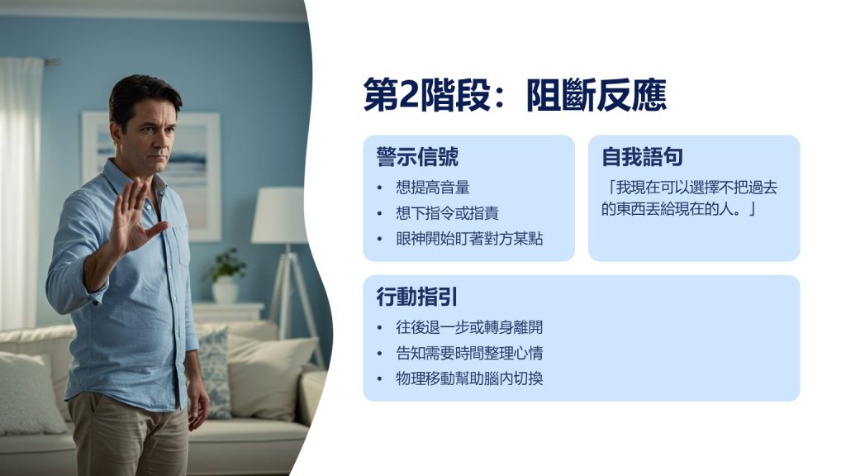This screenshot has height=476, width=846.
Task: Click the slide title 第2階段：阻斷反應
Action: [515, 95]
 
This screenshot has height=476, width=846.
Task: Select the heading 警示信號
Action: [417, 157]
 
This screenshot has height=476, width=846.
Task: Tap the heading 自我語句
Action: [642, 157]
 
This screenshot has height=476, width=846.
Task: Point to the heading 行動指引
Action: [417, 297]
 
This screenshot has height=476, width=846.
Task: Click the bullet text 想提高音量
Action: [433, 188]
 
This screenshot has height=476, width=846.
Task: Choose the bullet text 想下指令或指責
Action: [447, 213]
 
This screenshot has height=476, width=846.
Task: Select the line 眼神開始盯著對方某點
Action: [469, 239]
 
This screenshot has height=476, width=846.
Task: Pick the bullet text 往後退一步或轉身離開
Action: [469, 327]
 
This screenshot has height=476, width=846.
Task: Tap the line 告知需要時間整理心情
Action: [469, 353]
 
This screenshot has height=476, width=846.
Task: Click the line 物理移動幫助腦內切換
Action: [469, 378]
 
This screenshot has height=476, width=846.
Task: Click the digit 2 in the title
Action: [408, 96]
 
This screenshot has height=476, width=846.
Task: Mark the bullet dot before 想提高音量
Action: [379, 188]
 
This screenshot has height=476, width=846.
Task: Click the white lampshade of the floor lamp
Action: [279, 216]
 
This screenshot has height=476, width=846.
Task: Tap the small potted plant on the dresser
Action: [226, 275]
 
